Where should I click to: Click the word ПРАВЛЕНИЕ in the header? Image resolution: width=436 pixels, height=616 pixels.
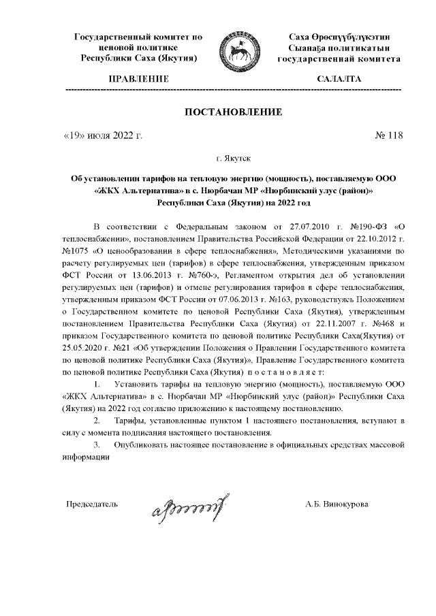(137, 80)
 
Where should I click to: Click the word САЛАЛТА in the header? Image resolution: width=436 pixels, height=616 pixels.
(339, 80)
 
